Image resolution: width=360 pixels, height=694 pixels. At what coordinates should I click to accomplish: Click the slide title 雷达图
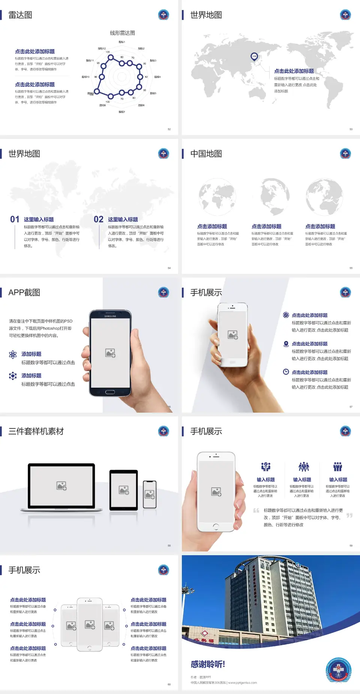click(x=20, y=15)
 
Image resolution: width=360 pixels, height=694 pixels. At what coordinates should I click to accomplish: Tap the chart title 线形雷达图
click(x=122, y=33)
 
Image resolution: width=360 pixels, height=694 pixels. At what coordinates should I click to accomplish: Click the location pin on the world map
click(x=254, y=57)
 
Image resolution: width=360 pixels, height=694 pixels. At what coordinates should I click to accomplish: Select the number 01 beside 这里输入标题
click(x=15, y=219)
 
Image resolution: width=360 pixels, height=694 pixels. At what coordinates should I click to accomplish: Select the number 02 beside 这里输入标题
click(x=99, y=219)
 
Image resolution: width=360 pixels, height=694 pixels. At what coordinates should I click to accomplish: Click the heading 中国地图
click(x=206, y=154)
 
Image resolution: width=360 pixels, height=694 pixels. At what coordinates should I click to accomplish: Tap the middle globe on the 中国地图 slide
click(x=270, y=197)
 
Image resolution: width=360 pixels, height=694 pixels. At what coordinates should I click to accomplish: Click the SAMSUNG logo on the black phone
click(x=110, y=316)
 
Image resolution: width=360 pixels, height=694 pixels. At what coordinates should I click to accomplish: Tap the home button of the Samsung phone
click(x=110, y=392)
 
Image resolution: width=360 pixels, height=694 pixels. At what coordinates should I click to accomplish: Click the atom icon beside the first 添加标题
click(x=13, y=355)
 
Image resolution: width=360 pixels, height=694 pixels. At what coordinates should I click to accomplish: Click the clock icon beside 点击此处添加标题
click(x=286, y=372)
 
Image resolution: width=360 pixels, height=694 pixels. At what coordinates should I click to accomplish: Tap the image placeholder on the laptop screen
click(x=61, y=486)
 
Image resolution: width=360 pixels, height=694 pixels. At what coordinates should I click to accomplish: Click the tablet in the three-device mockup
click(x=123, y=490)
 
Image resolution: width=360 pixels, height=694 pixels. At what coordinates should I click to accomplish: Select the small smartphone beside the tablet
click(x=150, y=494)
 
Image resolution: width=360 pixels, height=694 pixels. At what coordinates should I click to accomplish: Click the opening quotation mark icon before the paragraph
click(x=256, y=510)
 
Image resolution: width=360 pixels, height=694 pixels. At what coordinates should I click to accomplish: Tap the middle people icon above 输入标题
click(x=303, y=467)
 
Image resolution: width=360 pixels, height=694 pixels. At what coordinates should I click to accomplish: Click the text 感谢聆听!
click(x=208, y=664)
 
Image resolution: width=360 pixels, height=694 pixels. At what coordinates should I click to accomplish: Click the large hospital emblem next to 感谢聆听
click(x=338, y=670)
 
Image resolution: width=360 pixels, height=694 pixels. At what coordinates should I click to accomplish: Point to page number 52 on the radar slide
click(x=169, y=129)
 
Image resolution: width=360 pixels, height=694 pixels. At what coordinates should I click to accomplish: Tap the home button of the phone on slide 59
click(x=216, y=526)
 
